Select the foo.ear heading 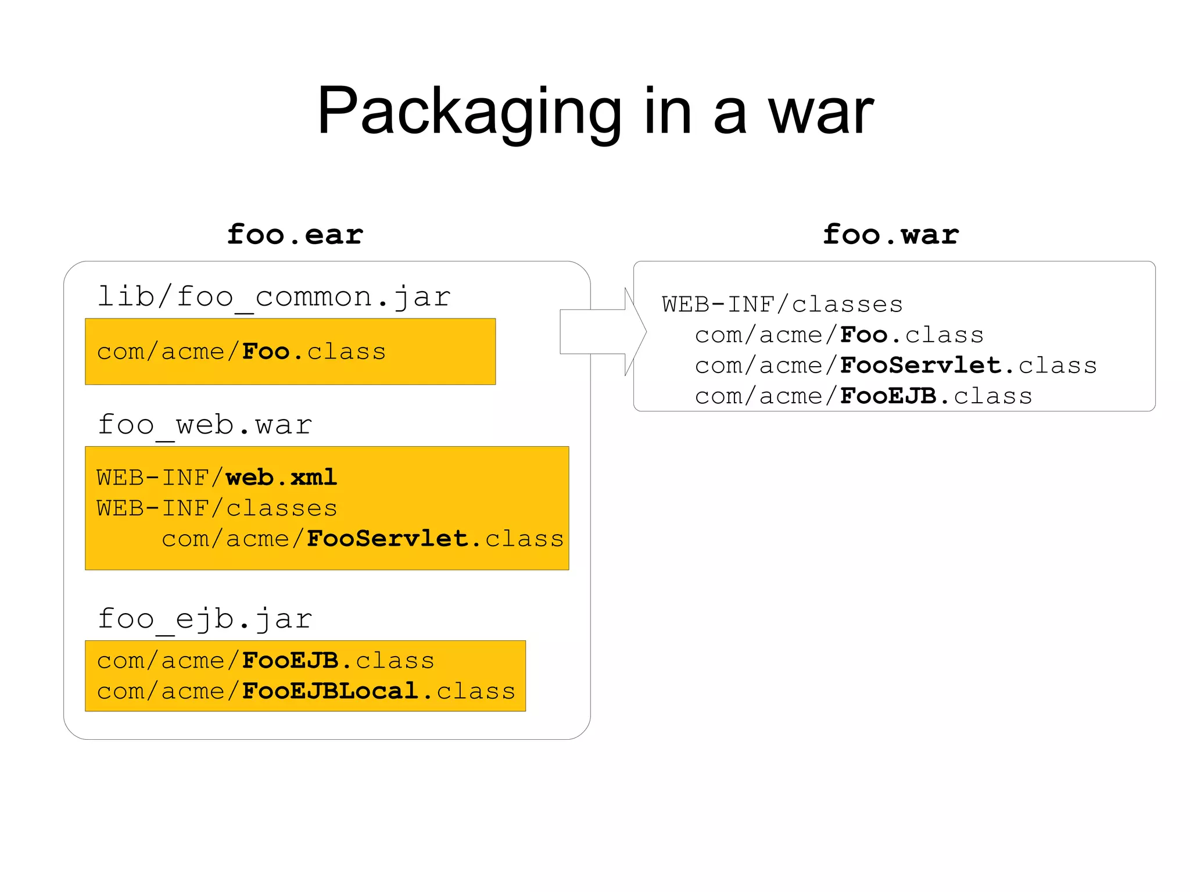(295, 235)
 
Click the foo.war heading (890, 235)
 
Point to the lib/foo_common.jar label (274, 297)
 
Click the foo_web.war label (205, 425)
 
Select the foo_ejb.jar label (205, 618)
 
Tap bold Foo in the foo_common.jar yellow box (266, 352)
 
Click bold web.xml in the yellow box (281, 478)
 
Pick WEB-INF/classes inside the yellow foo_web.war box (217, 508)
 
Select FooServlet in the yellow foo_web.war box (387, 539)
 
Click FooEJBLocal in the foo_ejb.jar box (330, 691)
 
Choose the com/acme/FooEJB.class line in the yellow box (266, 661)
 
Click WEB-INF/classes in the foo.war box (782, 305)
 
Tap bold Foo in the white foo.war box (863, 335)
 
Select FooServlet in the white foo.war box (921, 366)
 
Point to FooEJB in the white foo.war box (888, 396)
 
